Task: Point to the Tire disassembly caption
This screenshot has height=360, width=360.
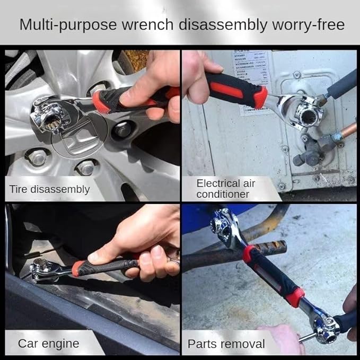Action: pos(49,189)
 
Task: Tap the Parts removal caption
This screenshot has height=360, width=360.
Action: pos(226,344)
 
